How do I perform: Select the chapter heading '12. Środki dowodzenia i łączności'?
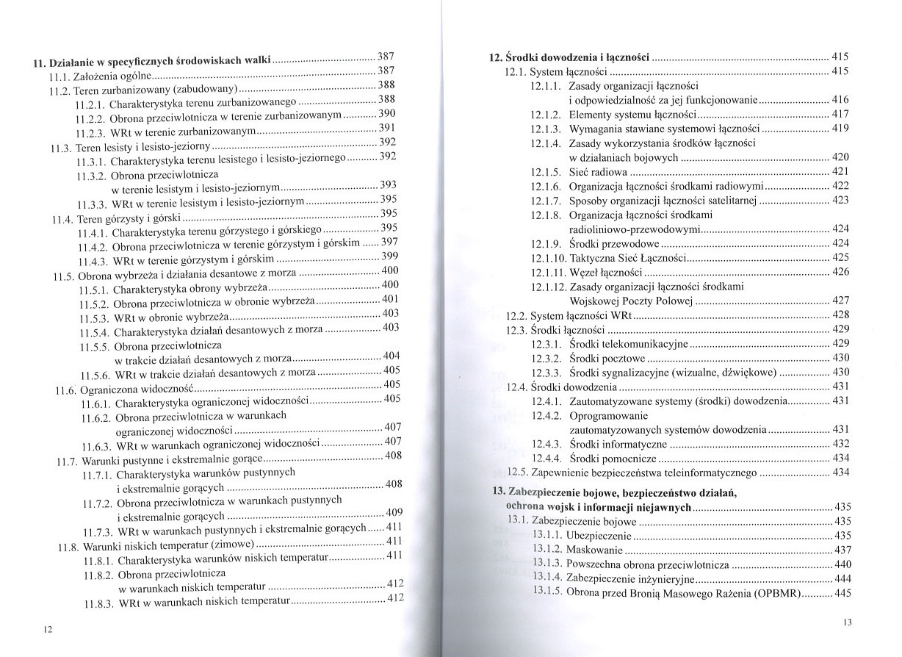(x=570, y=57)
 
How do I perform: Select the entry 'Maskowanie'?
(x=596, y=550)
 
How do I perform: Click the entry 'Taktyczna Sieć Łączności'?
(x=627, y=258)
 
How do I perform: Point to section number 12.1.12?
(x=549, y=287)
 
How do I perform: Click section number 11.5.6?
(x=95, y=374)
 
